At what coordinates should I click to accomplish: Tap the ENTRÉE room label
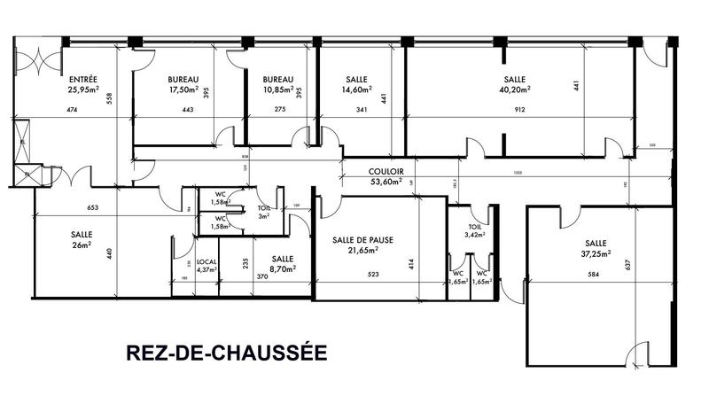(x=82, y=79)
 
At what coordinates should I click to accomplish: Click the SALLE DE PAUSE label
(x=362, y=240)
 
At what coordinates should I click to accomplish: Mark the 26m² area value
(x=82, y=245)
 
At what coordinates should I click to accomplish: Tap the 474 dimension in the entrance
(x=73, y=110)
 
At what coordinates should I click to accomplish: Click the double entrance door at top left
(x=37, y=60)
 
